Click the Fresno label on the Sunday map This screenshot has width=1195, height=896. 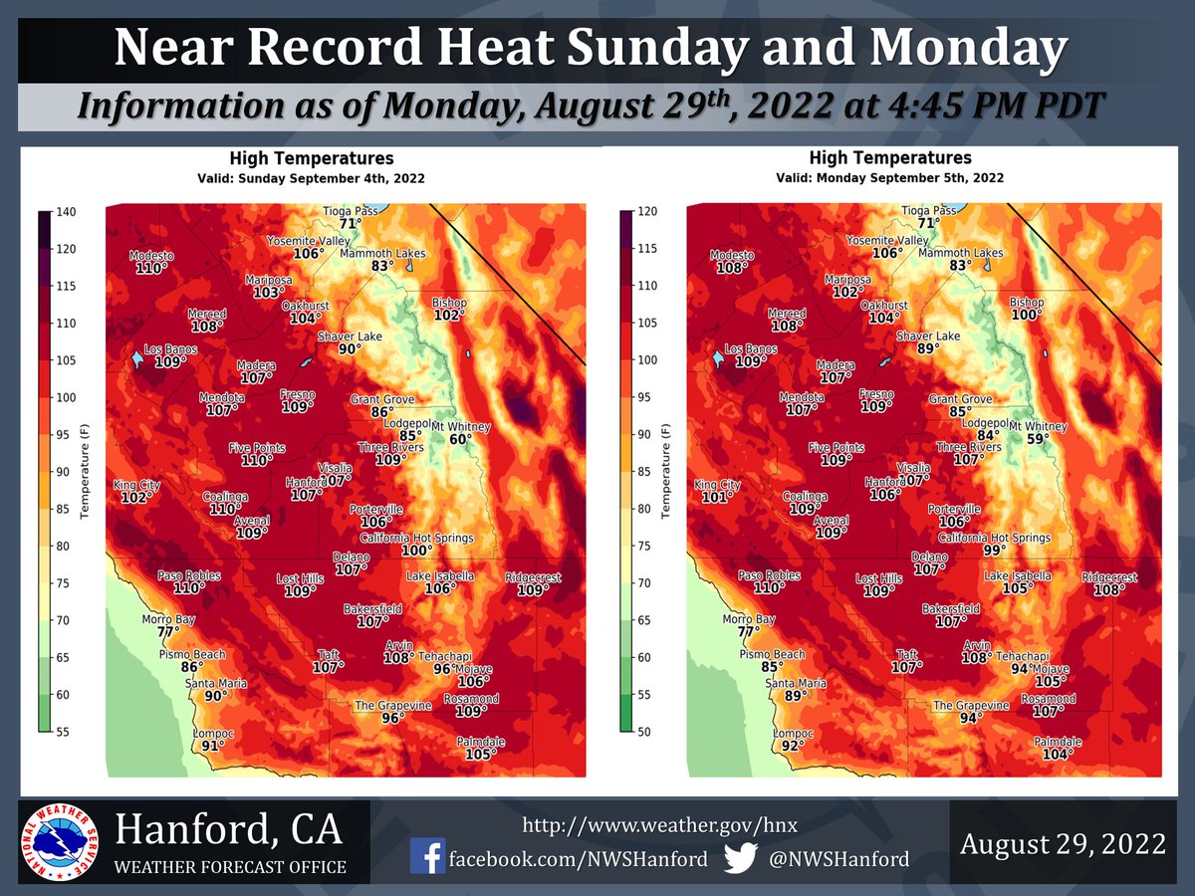tap(297, 394)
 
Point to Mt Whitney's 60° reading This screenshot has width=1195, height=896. tap(460, 439)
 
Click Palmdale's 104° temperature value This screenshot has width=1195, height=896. tap(1058, 755)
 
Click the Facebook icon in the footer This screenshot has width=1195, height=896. tap(428, 856)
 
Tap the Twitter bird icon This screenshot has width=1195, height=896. tap(743, 856)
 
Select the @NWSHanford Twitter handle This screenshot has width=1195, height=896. tap(838, 858)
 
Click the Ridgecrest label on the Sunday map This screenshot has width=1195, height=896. tap(533, 577)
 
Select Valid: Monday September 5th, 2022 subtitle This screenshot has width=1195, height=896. tap(889, 177)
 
